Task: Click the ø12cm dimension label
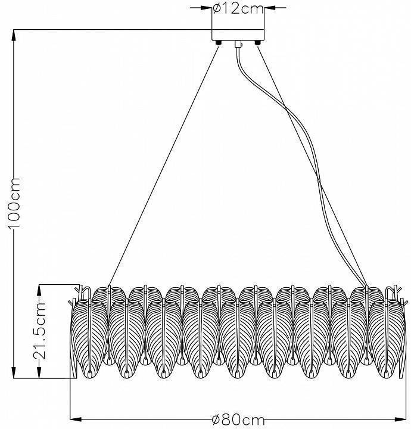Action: pyautogui.click(x=238, y=9)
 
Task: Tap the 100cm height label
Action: pyautogui.click(x=14, y=203)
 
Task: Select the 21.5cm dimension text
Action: pyautogui.click(x=40, y=331)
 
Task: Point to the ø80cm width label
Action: pyautogui.click(x=238, y=419)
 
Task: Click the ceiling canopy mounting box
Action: pyautogui.click(x=238, y=35)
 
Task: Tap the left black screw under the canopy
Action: pyautogui.click(x=219, y=43)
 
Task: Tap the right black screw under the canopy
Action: pyautogui.click(x=257, y=43)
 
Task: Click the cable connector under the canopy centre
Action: pyautogui.click(x=238, y=44)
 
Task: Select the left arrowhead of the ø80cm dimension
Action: pyautogui.click(x=76, y=419)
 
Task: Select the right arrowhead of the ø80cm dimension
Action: pyautogui.click(x=400, y=419)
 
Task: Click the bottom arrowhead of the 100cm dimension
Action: pyautogui.click(x=14, y=372)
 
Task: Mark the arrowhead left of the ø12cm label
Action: pyautogui.click(x=207, y=8)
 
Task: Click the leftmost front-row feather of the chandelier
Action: pyautogui.click(x=90, y=338)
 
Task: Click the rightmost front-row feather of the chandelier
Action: pyautogui.click(x=386, y=338)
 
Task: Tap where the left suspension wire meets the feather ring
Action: pyautogui.click(x=109, y=286)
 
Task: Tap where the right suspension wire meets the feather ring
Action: pyautogui.click(x=367, y=286)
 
